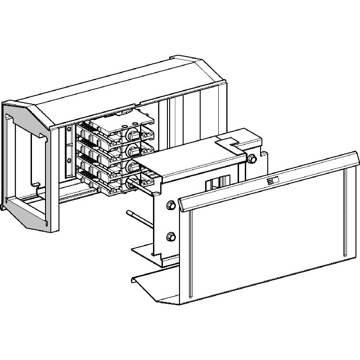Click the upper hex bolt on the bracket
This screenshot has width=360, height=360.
[171, 205]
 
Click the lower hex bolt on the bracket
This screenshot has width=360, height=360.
[171, 235]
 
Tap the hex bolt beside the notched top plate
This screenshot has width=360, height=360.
[252, 158]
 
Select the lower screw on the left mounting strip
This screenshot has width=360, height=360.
[68, 161]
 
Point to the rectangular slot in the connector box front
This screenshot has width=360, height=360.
[214, 184]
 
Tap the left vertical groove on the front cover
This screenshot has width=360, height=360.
[189, 252]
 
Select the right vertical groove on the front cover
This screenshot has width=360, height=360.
[345, 211]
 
